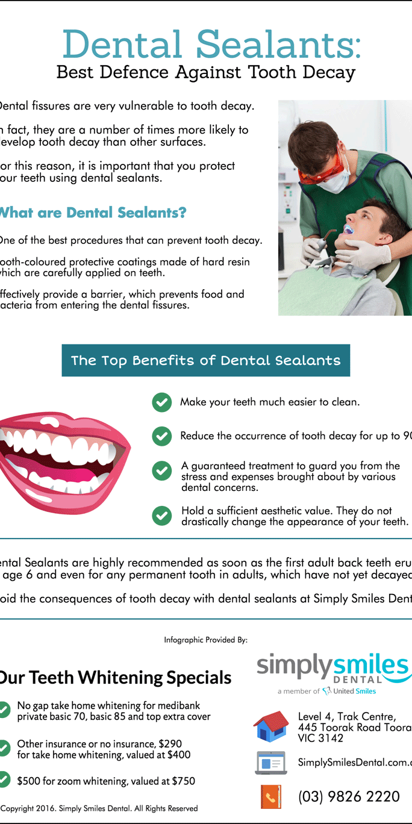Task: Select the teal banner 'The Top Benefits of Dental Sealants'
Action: [x=205, y=361]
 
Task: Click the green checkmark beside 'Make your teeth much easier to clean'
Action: [x=161, y=402]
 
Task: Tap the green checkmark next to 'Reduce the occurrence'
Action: [x=161, y=436]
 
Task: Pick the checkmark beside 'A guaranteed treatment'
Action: [x=161, y=471]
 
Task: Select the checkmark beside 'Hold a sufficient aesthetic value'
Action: [x=161, y=516]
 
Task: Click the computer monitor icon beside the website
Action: [x=271, y=763]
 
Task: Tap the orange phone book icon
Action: [x=271, y=796]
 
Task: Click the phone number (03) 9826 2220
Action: [x=349, y=797]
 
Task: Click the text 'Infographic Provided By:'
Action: [x=205, y=640]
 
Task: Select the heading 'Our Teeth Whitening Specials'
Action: [x=114, y=678]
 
